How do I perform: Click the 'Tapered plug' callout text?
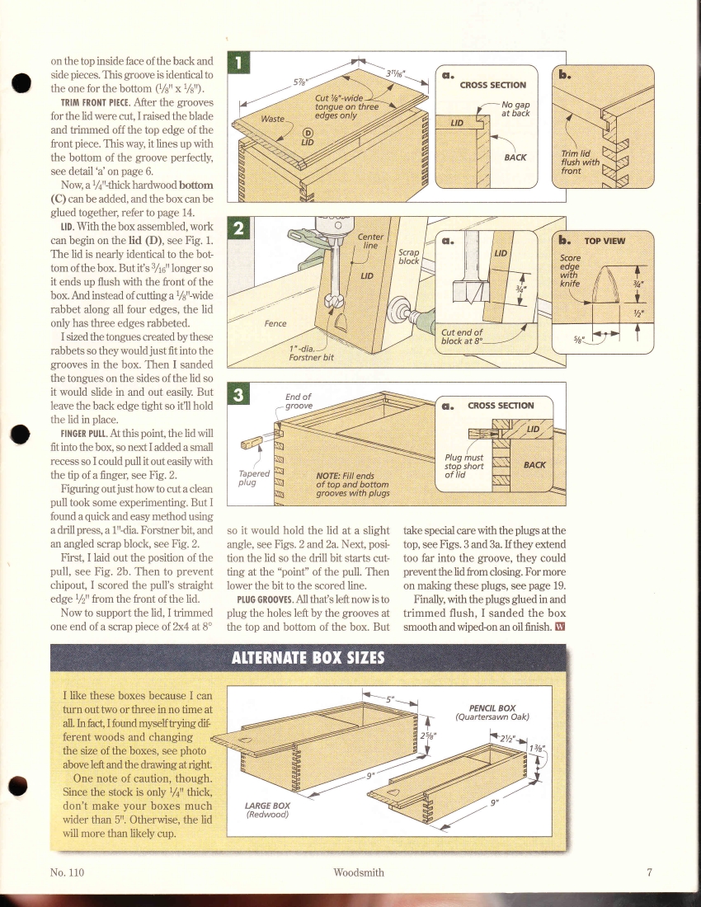click(247, 478)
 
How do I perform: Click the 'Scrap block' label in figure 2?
click(409, 256)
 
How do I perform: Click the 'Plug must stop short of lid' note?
click(463, 466)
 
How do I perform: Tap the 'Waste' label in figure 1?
click(272, 119)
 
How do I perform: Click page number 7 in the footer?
click(649, 872)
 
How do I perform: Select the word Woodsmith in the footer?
click(359, 872)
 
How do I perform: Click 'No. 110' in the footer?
click(68, 872)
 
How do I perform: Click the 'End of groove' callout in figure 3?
click(299, 401)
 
